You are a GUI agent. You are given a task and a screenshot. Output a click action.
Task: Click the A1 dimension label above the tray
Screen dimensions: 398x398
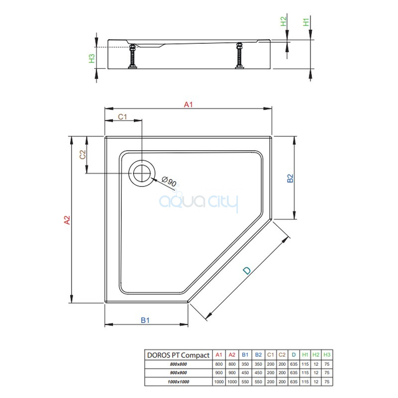point(189,104)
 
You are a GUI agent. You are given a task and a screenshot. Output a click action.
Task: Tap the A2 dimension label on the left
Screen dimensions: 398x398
point(67,220)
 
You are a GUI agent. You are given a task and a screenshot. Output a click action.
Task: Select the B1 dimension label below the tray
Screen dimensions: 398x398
point(145,320)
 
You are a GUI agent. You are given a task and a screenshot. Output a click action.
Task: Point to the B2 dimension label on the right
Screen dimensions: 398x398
point(290,178)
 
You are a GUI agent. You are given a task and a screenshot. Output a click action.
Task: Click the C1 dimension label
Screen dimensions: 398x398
point(122,117)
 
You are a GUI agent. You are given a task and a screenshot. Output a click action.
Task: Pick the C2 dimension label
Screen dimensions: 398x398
point(83,155)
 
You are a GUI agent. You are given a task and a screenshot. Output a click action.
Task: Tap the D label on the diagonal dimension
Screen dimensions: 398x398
point(247,271)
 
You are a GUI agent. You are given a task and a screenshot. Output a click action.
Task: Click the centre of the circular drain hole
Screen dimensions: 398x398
point(142,173)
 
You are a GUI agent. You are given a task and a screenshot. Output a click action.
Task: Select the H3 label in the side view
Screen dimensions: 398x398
point(92,58)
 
